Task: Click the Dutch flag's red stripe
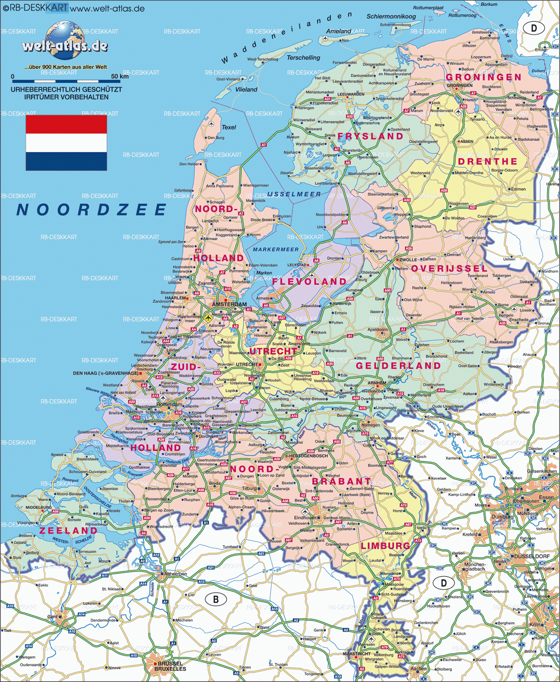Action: pyautogui.click(x=66, y=124)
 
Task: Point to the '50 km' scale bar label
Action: pyautogui.click(x=119, y=76)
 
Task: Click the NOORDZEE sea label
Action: pyautogui.click(x=91, y=210)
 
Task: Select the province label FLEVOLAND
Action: pyautogui.click(x=309, y=282)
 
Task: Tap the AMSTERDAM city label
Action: pyautogui.click(x=229, y=304)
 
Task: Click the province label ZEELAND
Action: pyautogui.click(x=68, y=531)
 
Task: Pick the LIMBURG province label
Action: pyautogui.click(x=385, y=546)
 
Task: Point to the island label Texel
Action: pyautogui.click(x=228, y=127)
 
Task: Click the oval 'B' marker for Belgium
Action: pyautogui.click(x=216, y=599)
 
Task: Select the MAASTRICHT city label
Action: pyautogui.click(x=357, y=653)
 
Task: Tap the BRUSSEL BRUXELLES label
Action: pyautogui.click(x=170, y=666)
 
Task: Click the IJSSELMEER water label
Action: pyautogui.click(x=294, y=194)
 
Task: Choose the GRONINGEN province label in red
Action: pyautogui.click(x=483, y=77)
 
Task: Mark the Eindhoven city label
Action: pyautogui.click(x=305, y=517)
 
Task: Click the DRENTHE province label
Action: pyautogui.click(x=488, y=162)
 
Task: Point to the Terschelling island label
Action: pyautogui.click(x=303, y=58)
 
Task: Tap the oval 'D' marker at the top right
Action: pyautogui.click(x=534, y=29)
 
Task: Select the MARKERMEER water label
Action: pyautogui.click(x=276, y=249)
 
